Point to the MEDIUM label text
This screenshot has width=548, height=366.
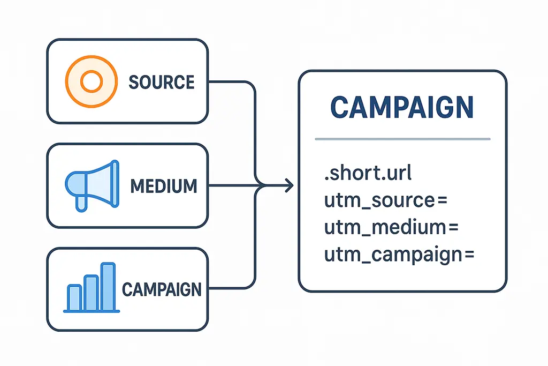[x=164, y=186]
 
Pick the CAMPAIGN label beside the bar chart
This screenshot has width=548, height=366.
[x=162, y=290]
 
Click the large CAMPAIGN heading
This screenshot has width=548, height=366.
[x=402, y=108]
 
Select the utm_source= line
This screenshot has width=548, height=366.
[x=385, y=201]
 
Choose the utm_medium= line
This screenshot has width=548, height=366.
[x=392, y=227]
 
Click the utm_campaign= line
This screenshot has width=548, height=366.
[x=399, y=254]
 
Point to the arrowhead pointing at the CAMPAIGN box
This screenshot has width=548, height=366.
[x=290, y=186]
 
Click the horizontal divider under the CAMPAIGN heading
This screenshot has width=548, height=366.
[x=402, y=139]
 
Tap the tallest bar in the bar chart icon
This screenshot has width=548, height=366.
[x=108, y=286]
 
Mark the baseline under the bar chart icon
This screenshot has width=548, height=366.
[x=90, y=311]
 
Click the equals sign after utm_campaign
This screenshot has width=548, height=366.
[x=469, y=255]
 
